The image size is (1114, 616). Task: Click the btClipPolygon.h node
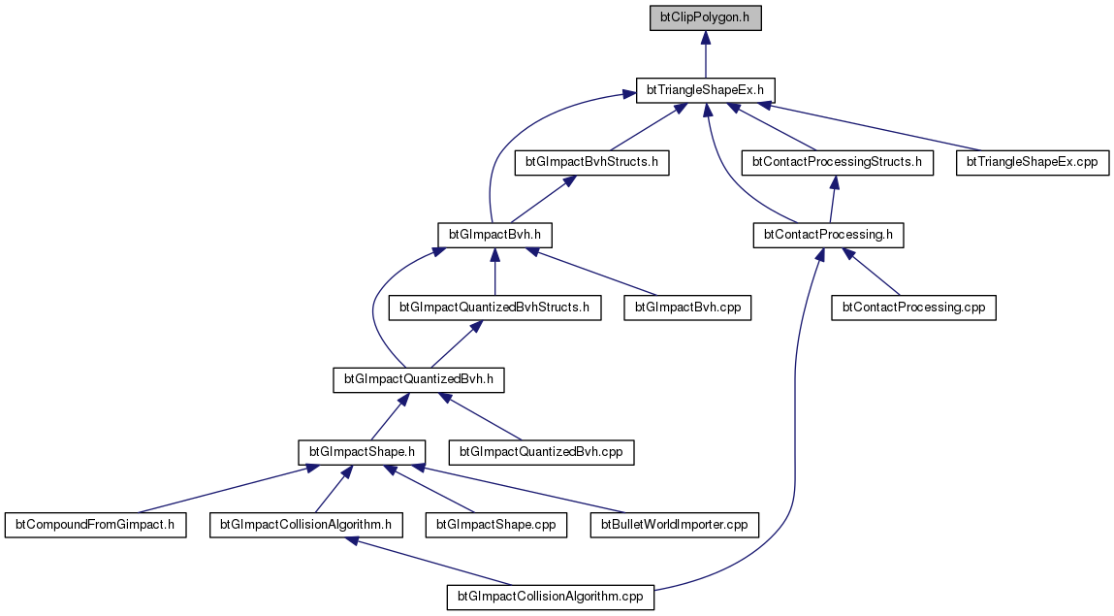706,17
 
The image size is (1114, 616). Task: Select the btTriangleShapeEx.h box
706,90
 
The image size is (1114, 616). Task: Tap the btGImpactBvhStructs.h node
591,163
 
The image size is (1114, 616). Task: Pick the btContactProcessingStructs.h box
837,163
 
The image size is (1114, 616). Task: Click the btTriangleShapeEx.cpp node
1033,163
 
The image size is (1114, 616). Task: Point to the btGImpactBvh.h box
494,235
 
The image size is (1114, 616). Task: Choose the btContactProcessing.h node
828,235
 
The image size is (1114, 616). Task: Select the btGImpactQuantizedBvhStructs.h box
494,308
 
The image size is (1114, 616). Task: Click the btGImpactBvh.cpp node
687,308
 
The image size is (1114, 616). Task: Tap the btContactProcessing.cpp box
913,308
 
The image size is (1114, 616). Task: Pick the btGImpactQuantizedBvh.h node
419,380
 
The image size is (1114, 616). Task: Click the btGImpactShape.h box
362,453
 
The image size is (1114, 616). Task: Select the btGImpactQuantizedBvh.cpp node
541,453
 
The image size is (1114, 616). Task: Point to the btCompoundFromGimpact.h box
95,526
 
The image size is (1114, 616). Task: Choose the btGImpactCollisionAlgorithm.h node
306,526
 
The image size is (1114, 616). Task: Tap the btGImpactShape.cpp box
496,526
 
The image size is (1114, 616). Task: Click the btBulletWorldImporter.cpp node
674,526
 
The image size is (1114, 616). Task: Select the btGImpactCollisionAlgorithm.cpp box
551,598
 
